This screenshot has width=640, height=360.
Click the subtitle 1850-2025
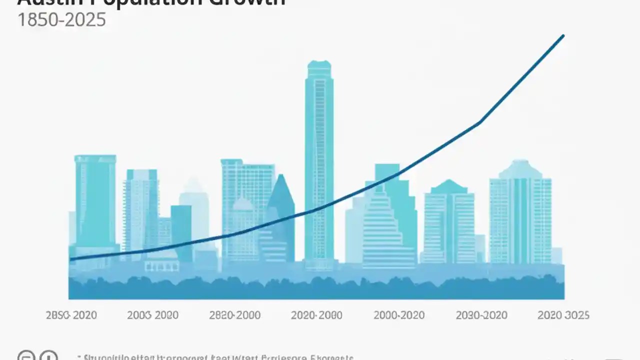61,19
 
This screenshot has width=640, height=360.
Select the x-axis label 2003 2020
152,315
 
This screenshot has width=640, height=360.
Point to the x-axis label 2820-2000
234,315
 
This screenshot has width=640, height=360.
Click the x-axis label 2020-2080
316,315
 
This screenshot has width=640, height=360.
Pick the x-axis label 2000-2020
399,315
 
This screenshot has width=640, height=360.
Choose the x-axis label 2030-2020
481,315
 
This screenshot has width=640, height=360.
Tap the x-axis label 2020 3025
563,315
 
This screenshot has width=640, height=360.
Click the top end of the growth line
563,35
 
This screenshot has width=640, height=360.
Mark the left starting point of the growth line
70,259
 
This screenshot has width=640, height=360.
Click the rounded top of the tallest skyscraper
319,65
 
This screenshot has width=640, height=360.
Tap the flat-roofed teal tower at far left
95,200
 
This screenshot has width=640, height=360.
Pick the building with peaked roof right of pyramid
449,220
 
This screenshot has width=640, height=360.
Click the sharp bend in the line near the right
480,121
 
